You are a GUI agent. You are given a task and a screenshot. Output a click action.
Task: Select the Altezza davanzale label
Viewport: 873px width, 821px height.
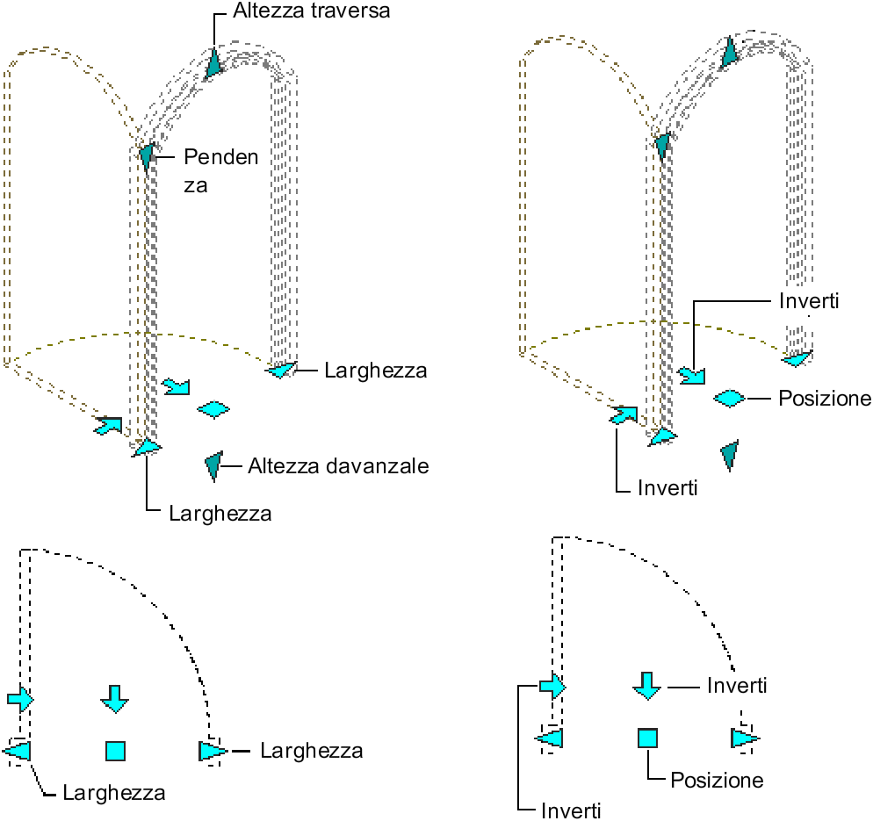(x=338, y=466)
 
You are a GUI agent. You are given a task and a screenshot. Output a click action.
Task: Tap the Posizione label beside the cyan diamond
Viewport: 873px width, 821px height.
(x=825, y=399)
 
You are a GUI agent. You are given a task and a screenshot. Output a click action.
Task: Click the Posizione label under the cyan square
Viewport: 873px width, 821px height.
(x=717, y=780)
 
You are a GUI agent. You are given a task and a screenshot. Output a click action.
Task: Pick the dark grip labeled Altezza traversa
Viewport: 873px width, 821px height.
(x=214, y=63)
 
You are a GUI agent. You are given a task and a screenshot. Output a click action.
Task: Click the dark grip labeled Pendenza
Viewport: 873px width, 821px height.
(x=147, y=156)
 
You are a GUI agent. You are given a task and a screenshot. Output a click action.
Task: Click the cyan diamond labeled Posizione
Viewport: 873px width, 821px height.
(x=728, y=399)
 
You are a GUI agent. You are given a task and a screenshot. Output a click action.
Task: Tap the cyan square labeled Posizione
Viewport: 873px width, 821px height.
(x=646, y=738)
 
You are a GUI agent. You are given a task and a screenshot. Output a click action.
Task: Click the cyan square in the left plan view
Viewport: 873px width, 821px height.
(x=115, y=751)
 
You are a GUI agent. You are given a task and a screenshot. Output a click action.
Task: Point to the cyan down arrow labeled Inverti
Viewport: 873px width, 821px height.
(x=646, y=685)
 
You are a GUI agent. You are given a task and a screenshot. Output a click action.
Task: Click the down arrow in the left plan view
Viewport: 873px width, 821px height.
(x=114, y=698)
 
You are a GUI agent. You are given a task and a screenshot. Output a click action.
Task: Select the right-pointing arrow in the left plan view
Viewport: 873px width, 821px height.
(x=20, y=699)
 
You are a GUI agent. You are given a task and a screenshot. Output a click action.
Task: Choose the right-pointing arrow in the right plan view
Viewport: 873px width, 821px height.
(x=552, y=686)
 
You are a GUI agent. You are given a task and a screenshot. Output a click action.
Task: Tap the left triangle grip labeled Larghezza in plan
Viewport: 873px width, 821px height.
(x=18, y=751)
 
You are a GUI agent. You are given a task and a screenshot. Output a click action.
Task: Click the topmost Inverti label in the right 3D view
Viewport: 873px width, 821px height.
(x=810, y=301)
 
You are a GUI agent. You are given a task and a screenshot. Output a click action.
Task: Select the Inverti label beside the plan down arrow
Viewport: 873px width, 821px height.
(x=737, y=685)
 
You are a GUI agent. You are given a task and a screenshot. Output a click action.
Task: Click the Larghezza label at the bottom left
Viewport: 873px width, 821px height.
(x=114, y=793)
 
